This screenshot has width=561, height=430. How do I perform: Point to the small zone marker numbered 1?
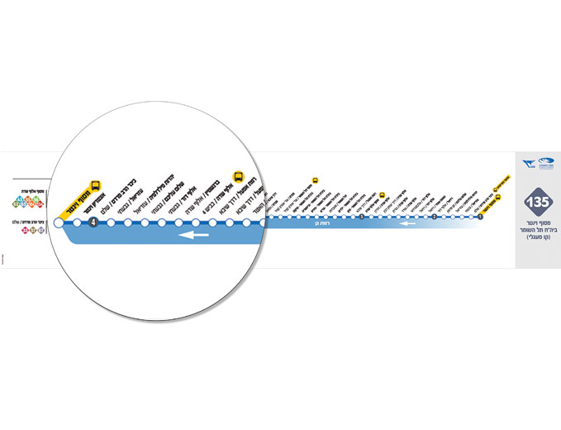(480, 217)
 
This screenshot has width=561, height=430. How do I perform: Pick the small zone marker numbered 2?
(434, 217)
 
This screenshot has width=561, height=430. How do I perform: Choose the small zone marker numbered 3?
(362, 217)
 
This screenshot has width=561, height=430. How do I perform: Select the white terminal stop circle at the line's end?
(58, 222)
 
